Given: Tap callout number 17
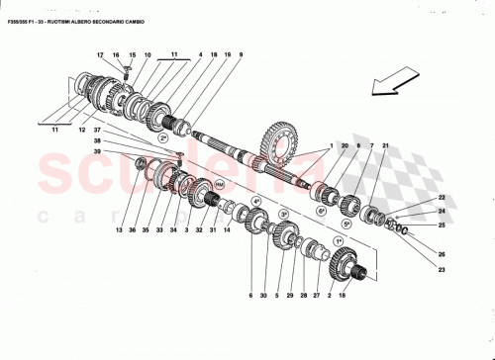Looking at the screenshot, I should (100, 54).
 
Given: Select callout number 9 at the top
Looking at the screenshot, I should (241, 54).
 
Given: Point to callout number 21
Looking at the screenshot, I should (385, 145).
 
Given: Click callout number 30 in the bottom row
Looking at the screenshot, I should (264, 295).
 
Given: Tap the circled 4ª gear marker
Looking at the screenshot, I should (255, 201).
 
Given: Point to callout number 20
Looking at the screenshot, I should (345, 145).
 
